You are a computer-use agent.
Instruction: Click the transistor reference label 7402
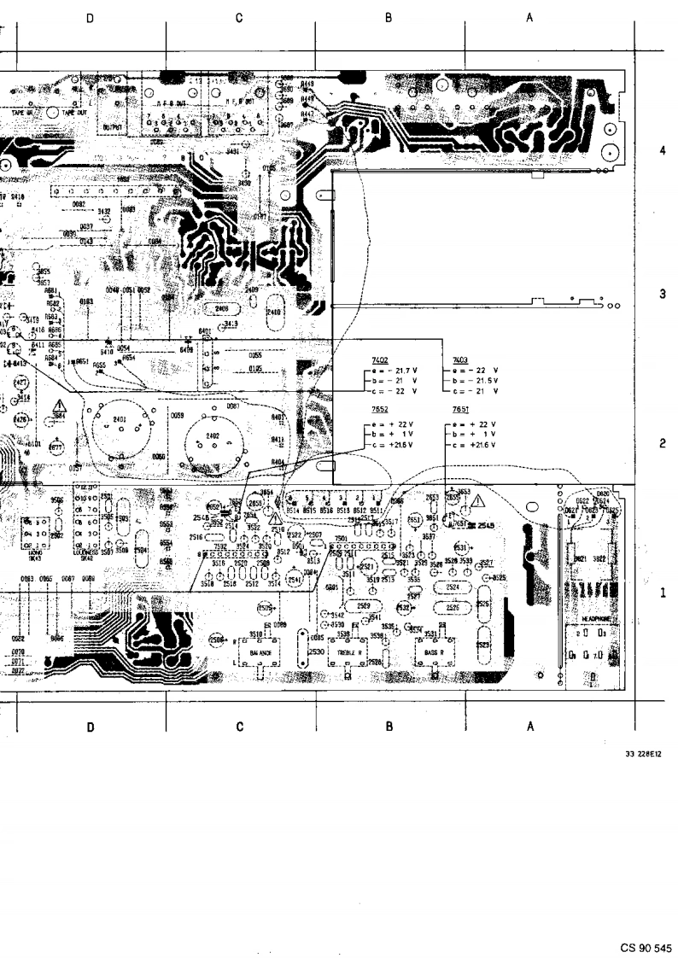(x=380, y=361)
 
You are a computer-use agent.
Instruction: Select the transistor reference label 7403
(x=461, y=361)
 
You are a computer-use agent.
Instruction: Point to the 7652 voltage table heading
(x=380, y=411)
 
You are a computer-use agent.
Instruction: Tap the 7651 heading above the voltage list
(x=461, y=411)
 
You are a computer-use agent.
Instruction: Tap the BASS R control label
(x=434, y=652)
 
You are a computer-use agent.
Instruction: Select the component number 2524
(x=453, y=587)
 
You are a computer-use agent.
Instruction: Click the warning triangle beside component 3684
(x=61, y=405)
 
